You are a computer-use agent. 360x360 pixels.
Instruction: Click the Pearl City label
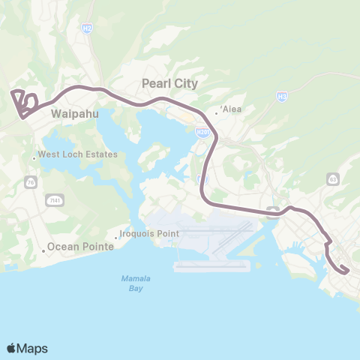click(170, 83)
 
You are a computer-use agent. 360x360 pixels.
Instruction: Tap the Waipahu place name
click(73, 115)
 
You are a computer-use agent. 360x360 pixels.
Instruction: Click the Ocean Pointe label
click(80, 246)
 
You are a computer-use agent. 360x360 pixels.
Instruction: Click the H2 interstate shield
click(88, 28)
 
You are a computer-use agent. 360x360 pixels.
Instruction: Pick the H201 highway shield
click(202, 132)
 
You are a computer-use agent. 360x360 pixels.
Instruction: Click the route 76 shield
click(31, 181)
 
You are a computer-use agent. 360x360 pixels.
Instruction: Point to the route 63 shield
click(332, 178)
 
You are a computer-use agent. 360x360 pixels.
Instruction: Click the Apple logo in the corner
click(12, 348)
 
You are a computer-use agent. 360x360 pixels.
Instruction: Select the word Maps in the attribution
click(34, 348)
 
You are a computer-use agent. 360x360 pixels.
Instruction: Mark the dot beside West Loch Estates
click(34, 157)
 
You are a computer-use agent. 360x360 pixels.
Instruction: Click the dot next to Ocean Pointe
click(44, 250)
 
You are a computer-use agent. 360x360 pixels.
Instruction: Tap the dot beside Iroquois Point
click(115, 237)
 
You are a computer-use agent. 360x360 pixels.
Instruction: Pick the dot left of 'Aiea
click(217, 112)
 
